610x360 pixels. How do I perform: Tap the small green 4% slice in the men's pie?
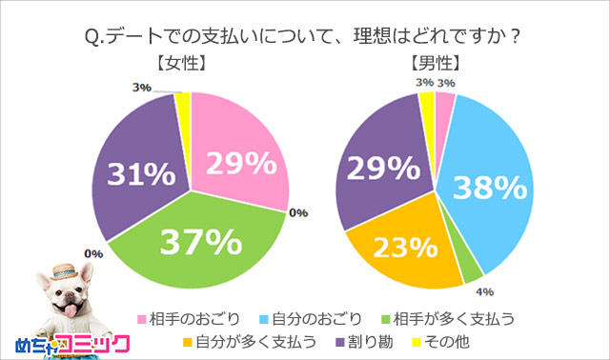click(471, 270)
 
